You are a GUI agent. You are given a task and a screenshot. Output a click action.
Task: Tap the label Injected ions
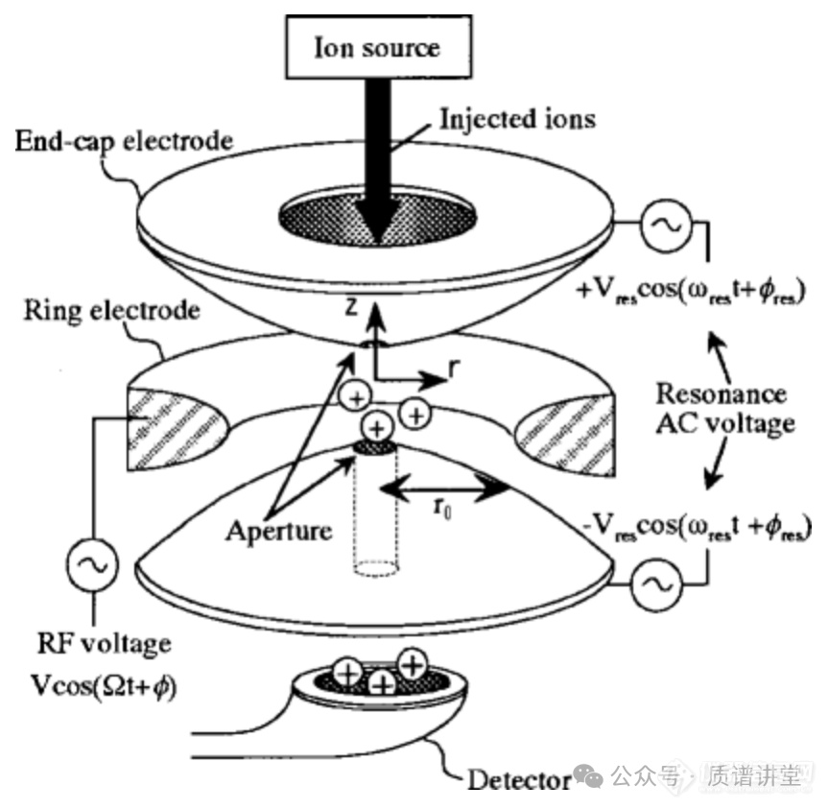click(517, 119)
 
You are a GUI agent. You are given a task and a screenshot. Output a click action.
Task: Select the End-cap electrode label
click(124, 141)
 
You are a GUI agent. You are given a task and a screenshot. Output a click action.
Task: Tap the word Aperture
click(278, 530)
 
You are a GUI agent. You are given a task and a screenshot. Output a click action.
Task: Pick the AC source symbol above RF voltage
click(95, 565)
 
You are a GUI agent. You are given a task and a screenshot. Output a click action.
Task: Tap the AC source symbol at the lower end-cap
click(656, 582)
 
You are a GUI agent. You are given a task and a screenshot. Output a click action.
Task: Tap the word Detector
click(519, 778)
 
